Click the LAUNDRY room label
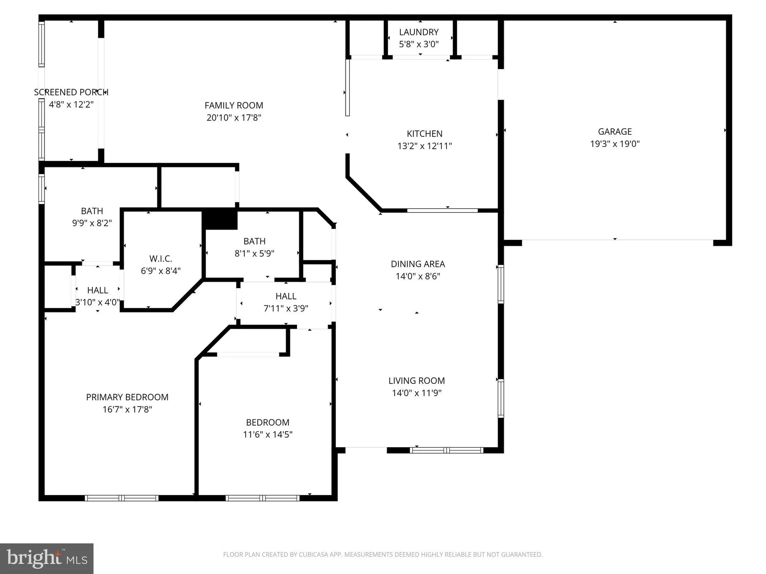pyautogui.click(x=419, y=32)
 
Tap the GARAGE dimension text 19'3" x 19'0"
pyautogui.click(x=615, y=144)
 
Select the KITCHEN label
pyautogui.click(x=424, y=134)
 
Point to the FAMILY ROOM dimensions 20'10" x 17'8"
pyautogui.click(x=234, y=117)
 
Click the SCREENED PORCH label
pyautogui.click(x=71, y=92)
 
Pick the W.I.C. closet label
pyautogui.click(x=160, y=259)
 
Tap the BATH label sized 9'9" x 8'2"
pyautogui.click(x=92, y=211)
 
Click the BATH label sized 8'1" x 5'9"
pyautogui.click(x=254, y=241)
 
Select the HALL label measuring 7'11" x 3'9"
pyautogui.click(x=286, y=296)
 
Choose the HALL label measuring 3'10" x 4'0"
pyautogui.click(x=98, y=290)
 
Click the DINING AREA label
pyautogui.click(x=417, y=264)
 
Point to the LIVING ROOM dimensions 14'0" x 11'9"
pyautogui.click(x=417, y=393)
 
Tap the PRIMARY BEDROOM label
pyautogui.click(x=127, y=397)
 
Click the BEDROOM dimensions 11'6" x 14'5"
pyautogui.click(x=268, y=434)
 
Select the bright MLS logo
pyautogui.click(x=47, y=558)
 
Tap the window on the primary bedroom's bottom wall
pyautogui.click(x=121, y=498)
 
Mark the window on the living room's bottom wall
pyautogui.click(x=447, y=450)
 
